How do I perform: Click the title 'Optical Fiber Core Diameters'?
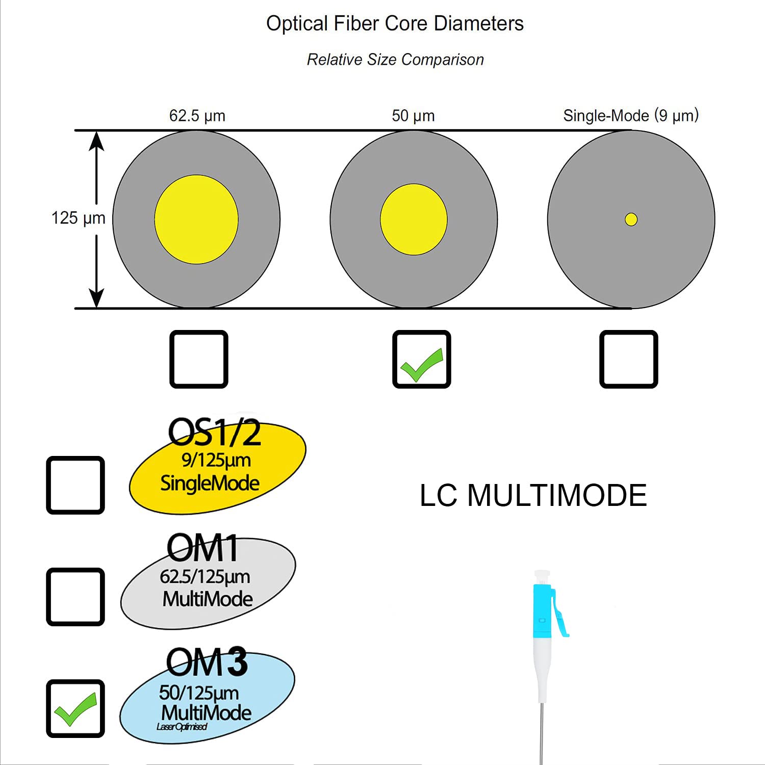(395, 23)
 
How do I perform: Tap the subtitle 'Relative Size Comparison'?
(395, 60)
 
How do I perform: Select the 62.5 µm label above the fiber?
(197, 116)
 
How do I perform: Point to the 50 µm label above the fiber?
(413, 116)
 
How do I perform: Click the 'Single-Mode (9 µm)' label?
(630, 116)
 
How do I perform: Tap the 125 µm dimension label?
(78, 218)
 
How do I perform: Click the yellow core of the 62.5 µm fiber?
(196, 219)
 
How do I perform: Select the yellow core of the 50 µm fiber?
(414, 219)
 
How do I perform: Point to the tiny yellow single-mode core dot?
(631, 219)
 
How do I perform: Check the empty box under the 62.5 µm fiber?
(198, 359)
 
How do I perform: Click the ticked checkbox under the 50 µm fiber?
(421, 359)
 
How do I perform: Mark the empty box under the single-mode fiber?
(628, 359)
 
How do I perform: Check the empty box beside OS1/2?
(75, 485)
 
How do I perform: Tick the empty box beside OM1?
(75, 597)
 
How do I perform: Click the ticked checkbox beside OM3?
(75, 708)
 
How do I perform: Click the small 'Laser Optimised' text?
(182, 727)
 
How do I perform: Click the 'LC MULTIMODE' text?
(533, 495)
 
